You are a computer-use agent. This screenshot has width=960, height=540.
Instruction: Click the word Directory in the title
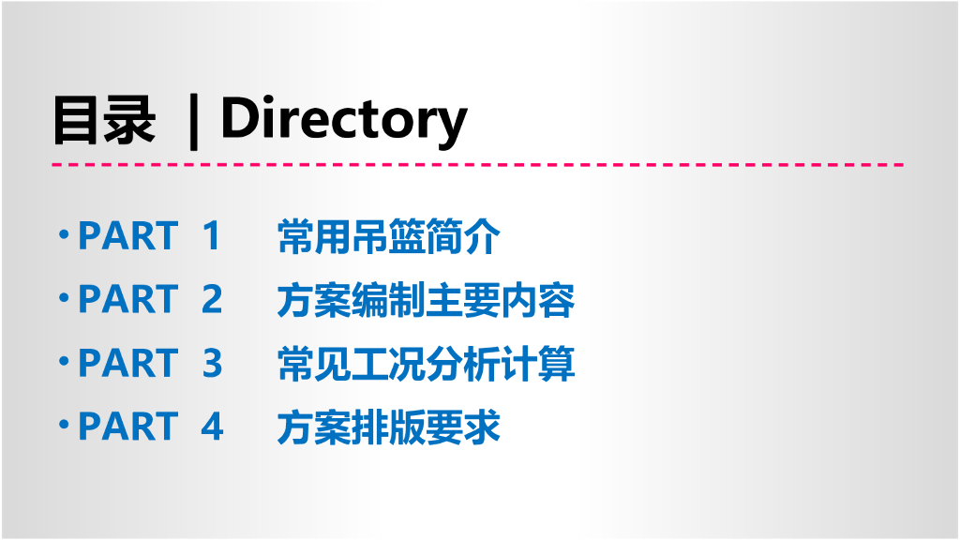pos(343,120)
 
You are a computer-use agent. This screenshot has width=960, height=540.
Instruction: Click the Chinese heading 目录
pos(104,121)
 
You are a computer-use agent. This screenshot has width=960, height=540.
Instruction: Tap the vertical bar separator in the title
pos(194,122)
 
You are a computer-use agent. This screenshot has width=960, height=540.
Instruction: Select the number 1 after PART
pos(211,236)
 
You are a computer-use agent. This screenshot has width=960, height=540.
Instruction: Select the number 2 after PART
pos(212,300)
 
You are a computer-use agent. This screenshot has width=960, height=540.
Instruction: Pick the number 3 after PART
pos(212,364)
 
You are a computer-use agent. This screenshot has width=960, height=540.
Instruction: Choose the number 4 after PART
pos(212,427)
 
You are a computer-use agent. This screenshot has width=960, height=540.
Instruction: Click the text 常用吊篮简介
pos(389,237)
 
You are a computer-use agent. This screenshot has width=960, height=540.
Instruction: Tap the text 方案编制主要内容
pos(426,301)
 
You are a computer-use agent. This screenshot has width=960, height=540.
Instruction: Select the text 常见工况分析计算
pos(426,364)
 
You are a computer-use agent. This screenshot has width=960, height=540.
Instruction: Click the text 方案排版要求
pos(389,427)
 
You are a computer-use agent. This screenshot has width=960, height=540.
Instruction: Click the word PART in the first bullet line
pos(127,236)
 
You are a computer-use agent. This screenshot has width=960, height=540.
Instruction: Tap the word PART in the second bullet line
pos(127,300)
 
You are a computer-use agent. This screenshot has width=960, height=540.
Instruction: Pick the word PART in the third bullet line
pos(127,364)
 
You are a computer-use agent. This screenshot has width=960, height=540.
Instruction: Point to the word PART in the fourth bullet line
pos(127,427)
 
